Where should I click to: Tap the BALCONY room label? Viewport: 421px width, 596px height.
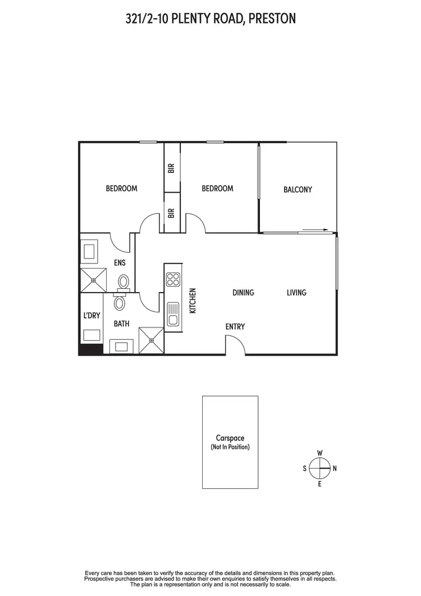click(x=298, y=190)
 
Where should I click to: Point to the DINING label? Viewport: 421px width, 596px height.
click(x=244, y=293)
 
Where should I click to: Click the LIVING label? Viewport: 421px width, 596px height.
click(x=296, y=293)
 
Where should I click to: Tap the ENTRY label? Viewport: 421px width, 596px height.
click(x=235, y=327)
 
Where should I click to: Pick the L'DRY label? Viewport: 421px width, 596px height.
click(x=91, y=316)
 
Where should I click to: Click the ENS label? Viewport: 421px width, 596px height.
click(x=120, y=262)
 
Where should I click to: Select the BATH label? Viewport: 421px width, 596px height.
click(x=122, y=324)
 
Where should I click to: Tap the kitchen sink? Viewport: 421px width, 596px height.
click(x=172, y=313)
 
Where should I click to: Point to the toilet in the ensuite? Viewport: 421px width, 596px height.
click(x=124, y=281)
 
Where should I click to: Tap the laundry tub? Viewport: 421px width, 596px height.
click(x=91, y=335)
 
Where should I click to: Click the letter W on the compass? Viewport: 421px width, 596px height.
click(x=319, y=453)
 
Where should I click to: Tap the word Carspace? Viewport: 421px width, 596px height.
click(x=230, y=438)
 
